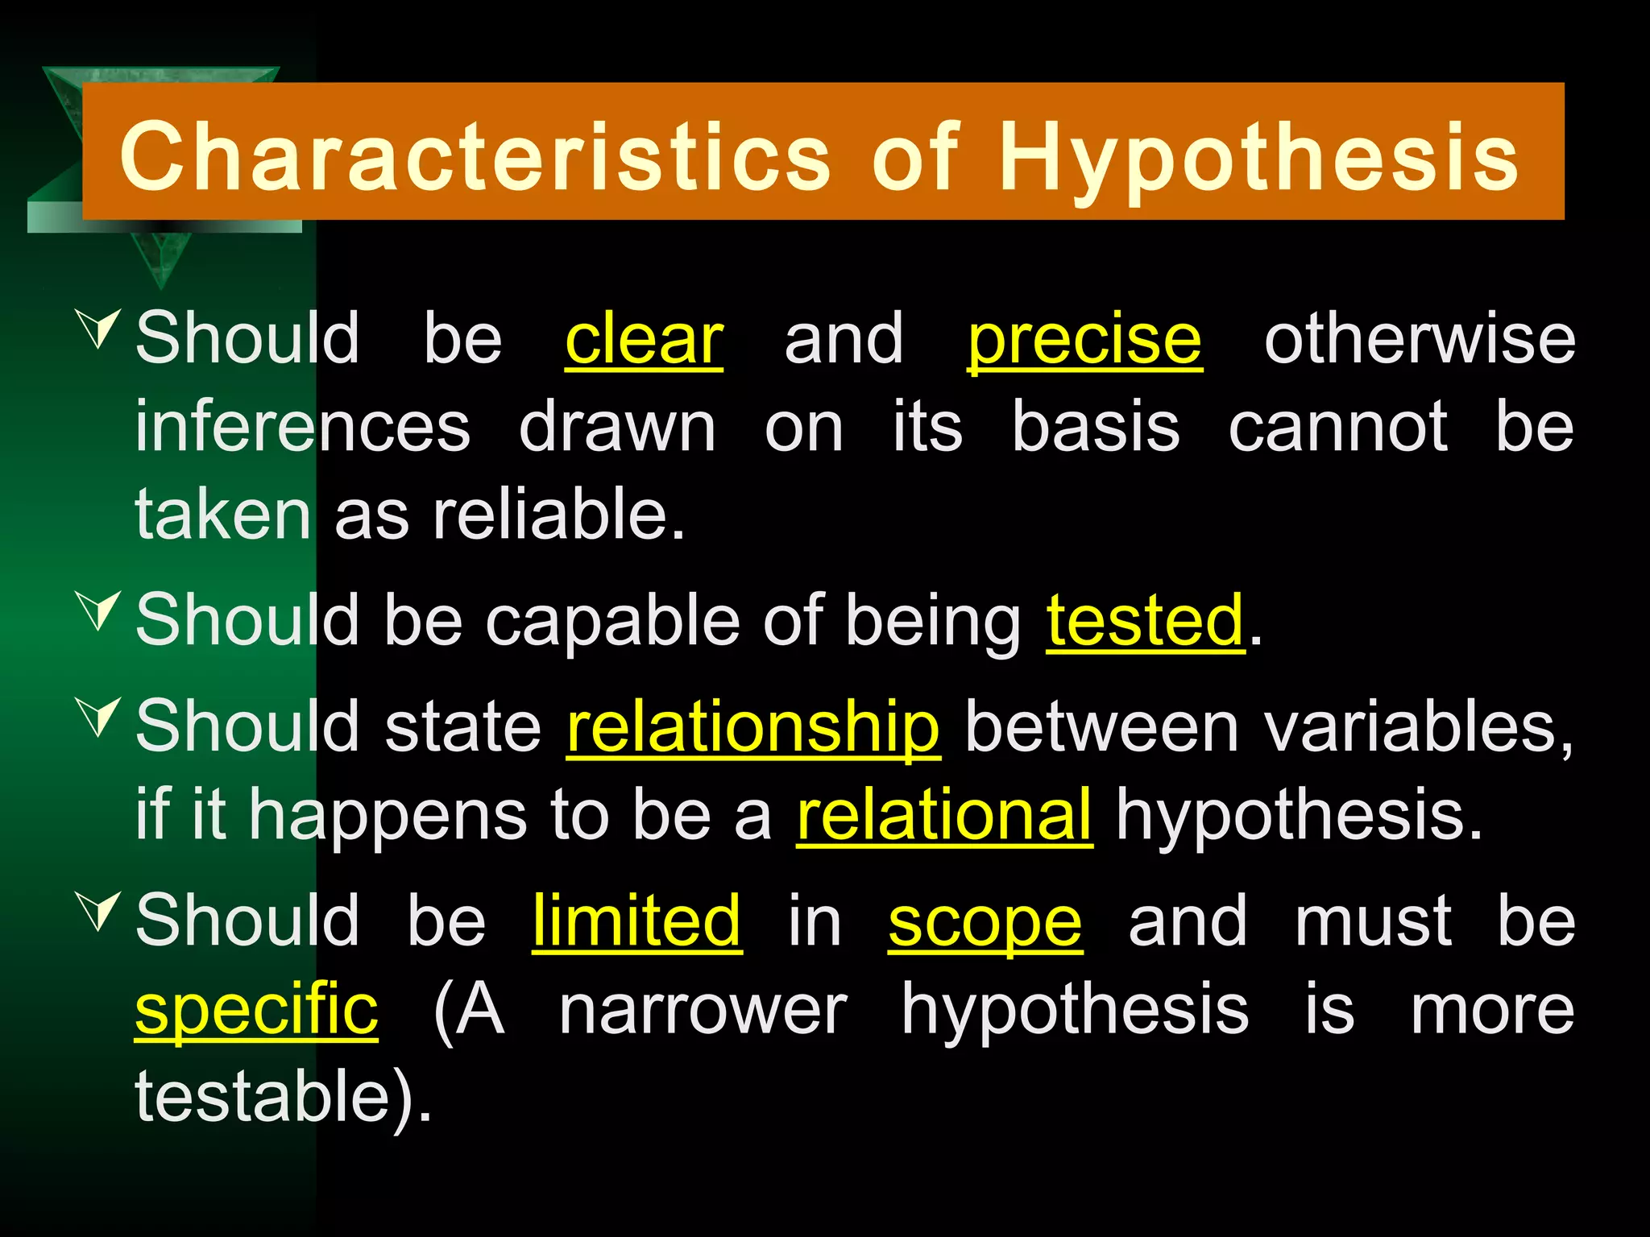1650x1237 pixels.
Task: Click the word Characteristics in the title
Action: pyautogui.click(x=475, y=157)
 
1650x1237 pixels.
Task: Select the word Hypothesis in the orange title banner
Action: pyautogui.click(x=1258, y=157)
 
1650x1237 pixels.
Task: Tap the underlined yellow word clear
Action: pyautogui.click(x=644, y=339)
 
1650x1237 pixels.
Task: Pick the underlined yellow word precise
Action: pyautogui.click(x=1084, y=339)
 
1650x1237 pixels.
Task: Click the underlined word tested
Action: pyautogui.click(x=1145, y=620)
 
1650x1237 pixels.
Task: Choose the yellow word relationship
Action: pyautogui.click(x=753, y=726)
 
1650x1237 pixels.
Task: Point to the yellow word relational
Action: pyautogui.click(x=944, y=815)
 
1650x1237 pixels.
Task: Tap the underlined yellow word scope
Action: pyautogui.click(x=985, y=922)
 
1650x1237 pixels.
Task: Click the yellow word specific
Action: pyautogui.click(x=256, y=1010)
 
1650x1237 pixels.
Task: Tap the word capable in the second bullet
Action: pyautogui.click(x=611, y=620)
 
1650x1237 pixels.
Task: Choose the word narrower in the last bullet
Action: pyautogui.click(x=703, y=1010)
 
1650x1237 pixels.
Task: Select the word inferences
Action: pyautogui.click(x=302, y=427)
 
